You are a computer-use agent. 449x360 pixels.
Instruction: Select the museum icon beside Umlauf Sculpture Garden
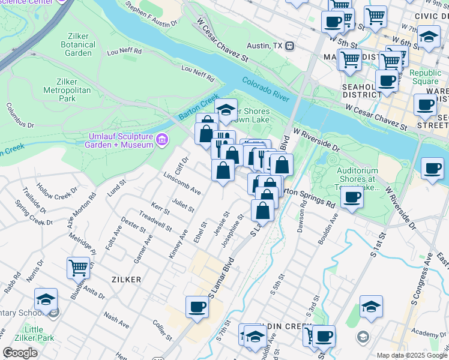(161, 140)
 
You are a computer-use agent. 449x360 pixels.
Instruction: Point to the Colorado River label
(266, 88)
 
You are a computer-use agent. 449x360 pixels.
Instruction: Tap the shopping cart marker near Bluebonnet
(78, 268)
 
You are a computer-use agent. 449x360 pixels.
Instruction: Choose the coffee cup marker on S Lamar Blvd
(197, 307)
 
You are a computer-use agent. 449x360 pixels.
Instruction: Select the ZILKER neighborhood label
(125, 280)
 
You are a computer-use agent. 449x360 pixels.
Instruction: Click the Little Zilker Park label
(40, 334)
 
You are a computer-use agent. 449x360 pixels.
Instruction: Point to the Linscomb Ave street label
(182, 184)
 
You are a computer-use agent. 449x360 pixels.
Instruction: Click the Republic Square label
(424, 77)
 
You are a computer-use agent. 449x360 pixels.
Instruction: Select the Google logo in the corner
(20, 353)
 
